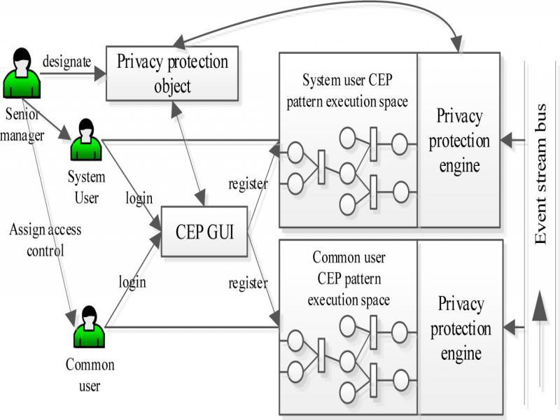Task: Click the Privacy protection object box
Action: (x=171, y=73)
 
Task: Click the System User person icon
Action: (x=86, y=141)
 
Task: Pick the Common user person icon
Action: (x=89, y=326)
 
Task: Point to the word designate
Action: (x=66, y=62)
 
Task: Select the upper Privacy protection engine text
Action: (x=459, y=140)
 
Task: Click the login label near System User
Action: (x=139, y=198)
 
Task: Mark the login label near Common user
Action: (x=132, y=282)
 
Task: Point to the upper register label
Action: (x=248, y=184)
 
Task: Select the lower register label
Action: (x=248, y=283)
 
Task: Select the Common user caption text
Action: (x=90, y=375)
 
